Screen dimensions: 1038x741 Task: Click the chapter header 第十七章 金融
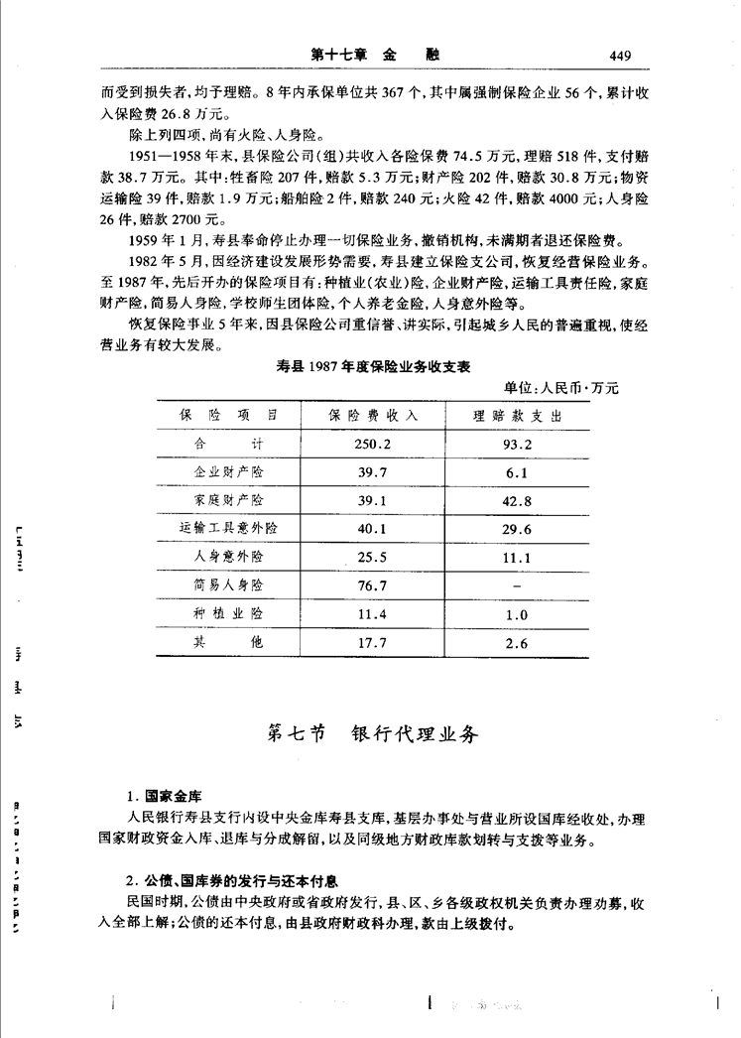374,55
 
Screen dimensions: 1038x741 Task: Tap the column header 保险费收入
374,414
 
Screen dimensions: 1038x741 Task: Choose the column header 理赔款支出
518,414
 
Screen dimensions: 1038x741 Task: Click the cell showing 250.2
374,444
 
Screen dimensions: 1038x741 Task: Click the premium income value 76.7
374,585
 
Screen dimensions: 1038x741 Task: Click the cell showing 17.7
374,643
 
